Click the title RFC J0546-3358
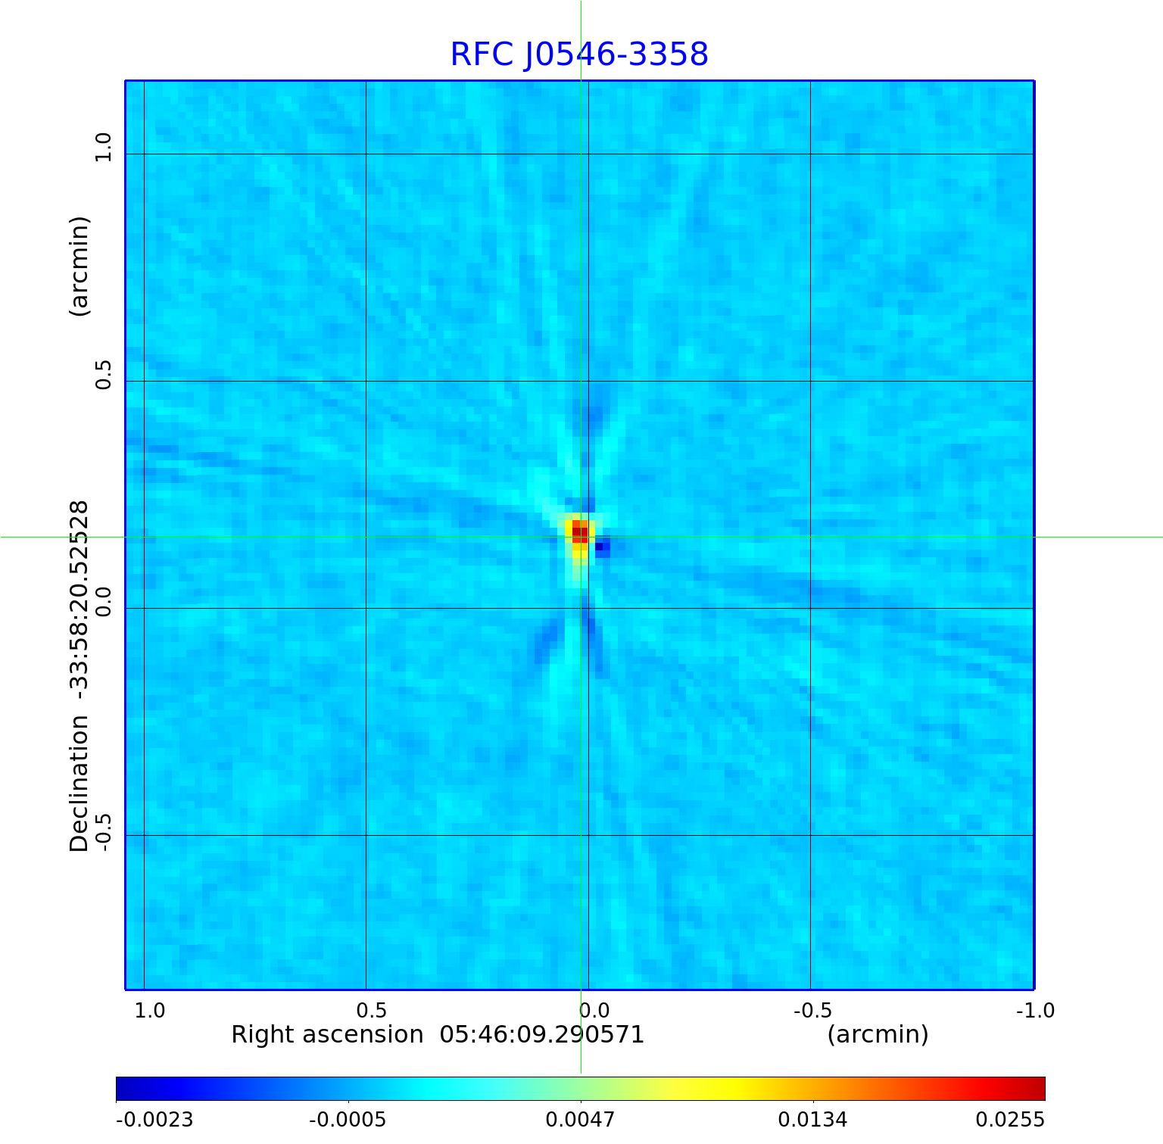coord(579,55)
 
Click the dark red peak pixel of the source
coord(579,532)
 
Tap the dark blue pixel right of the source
coord(603,546)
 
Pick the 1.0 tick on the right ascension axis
coord(149,1010)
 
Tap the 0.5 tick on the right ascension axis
coord(371,1010)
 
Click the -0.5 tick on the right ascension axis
coord(812,1010)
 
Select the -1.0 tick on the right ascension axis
coord(1035,1010)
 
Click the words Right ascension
coord(327,1034)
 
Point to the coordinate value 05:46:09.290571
coord(542,1034)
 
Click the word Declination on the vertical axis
coord(80,784)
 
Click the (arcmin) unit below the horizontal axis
coord(878,1034)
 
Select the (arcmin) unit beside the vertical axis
coord(80,266)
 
